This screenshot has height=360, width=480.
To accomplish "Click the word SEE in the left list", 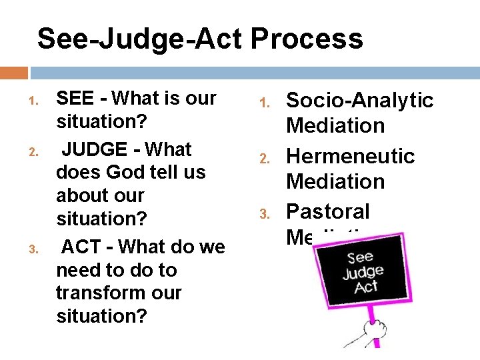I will [x=74, y=99].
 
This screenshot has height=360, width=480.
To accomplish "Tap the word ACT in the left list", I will [x=80, y=248].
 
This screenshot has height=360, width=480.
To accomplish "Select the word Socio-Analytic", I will [x=359, y=101].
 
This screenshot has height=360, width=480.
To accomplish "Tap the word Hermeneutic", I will [x=350, y=156].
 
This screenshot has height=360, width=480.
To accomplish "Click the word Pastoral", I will [x=327, y=211].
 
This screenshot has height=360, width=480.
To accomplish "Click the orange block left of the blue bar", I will [x=14, y=73].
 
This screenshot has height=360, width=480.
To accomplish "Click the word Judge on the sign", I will [x=363, y=273].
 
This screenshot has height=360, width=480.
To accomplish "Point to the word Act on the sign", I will [x=366, y=287].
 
